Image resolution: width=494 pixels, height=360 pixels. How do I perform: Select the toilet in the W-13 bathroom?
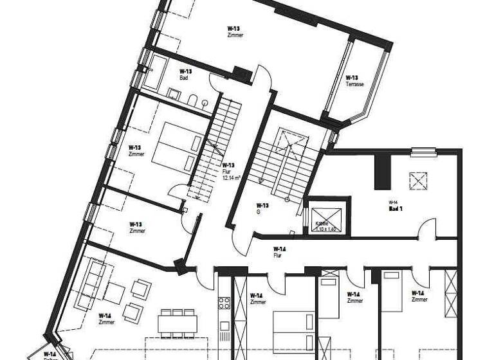tap(192, 100)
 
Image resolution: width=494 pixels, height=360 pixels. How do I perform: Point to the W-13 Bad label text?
tap(185, 74)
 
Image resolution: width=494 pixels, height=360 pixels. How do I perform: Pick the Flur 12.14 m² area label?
tap(229, 174)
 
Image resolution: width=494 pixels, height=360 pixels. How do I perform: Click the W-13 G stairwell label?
tap(262, 210)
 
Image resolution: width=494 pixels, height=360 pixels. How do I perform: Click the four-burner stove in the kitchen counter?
tap(224, 301)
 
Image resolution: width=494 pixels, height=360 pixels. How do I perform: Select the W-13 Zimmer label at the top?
tap(235, 32)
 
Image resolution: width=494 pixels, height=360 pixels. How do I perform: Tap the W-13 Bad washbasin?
tap(174, 94)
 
